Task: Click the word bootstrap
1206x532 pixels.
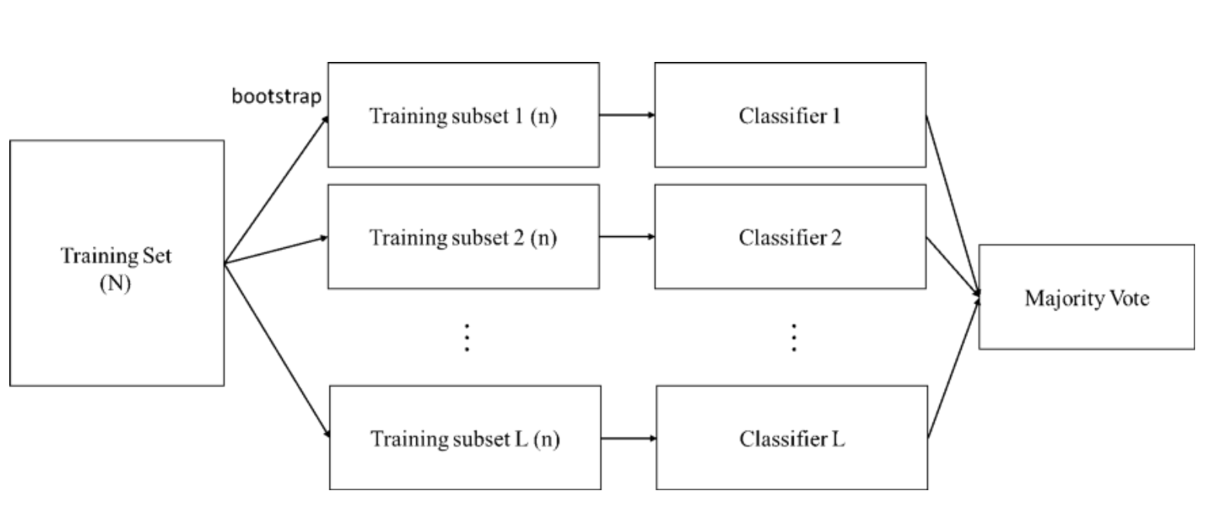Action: click(x=277, y=97)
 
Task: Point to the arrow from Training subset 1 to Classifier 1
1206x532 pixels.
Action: click(x=626, y=115)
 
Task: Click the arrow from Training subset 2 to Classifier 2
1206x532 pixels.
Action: click(x=626, y=237)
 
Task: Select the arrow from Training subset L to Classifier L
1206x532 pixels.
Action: click(x=628, y=438)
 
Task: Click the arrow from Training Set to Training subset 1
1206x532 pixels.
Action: click(x=275, y=190)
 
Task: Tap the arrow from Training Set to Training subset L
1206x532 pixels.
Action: click(x=277, y=349)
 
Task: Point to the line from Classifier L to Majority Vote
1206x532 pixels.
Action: click(x=953, y=368)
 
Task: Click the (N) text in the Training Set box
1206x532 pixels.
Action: click(x=115, y=283)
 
